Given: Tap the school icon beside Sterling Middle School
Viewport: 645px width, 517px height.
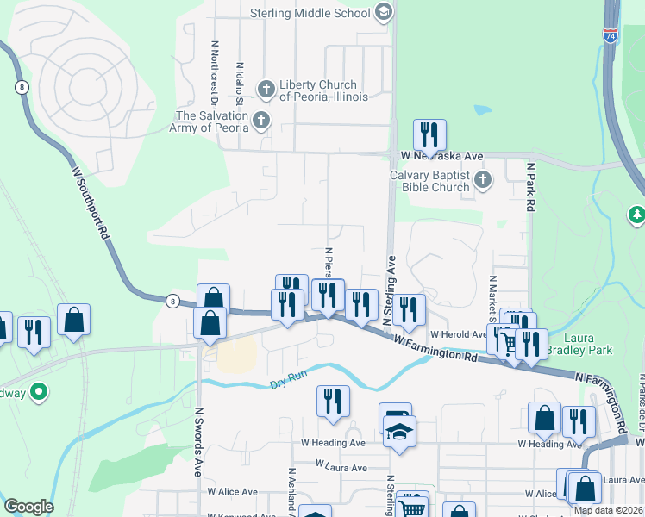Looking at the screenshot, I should tap(385, 12).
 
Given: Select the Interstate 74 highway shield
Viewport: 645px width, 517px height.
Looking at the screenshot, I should tap(611, 36).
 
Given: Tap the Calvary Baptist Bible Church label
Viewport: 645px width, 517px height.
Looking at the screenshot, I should tap(429, 181).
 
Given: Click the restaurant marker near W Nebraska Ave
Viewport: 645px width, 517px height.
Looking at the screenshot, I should tap(428, 136).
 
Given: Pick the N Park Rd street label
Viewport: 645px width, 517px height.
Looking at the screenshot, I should tap(532, 184).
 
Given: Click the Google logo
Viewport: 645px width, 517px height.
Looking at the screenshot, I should tap(28, 507).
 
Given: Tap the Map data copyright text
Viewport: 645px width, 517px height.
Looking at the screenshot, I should tap(609, 510).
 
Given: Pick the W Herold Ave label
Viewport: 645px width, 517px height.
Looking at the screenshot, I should tap(457, 334).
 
